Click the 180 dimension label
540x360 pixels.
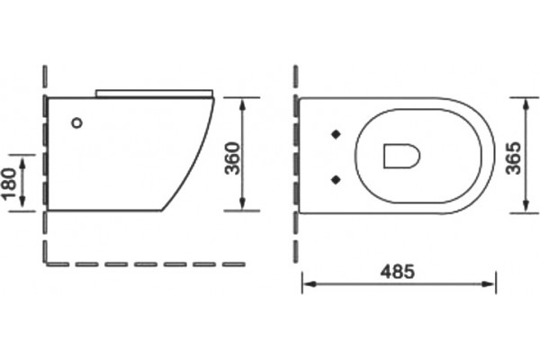[x=9, y=183]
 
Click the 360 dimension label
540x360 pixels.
[x=232, y=158]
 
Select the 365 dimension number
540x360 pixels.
[x=513, y=158]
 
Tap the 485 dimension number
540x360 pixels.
[x=398, y=272]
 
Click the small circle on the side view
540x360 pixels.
[x=77, y=122]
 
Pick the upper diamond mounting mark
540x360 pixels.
[x=336, y=134]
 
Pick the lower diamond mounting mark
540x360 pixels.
[x=336, y=179]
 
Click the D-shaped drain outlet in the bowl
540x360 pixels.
[x=401, y=156]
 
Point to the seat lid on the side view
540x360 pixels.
[x=154, y=94]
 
